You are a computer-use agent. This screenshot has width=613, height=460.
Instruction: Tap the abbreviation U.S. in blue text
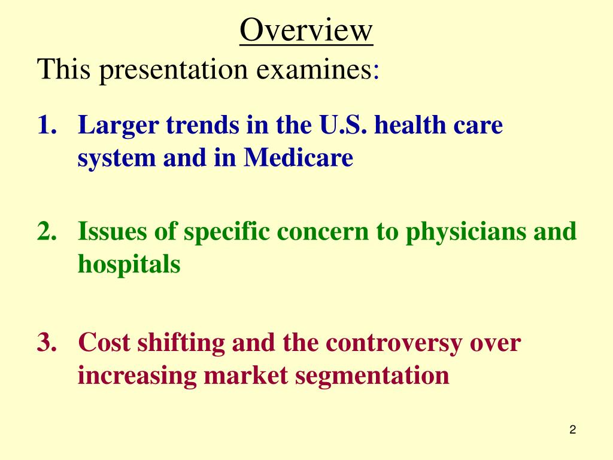pos(332,126)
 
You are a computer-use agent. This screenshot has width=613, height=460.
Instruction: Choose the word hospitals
pos(129,264)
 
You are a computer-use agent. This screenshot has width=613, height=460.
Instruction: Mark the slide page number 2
pos(573,429)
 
